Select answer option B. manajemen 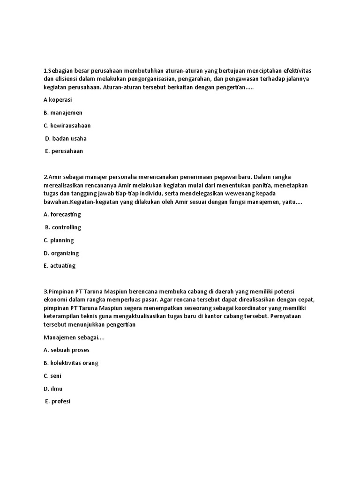pyautogui.click(x=63, y=113)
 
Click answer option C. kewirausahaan pyautogui.click(x=67, y=126)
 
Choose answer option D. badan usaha pyautogui.click(x=66, y=138)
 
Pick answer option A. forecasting pyautogui.click(x=62, y=214)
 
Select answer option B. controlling pyautogui.click(x=63, y=227)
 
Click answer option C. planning pyautogui.click(x=59, y=240)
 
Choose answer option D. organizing pyautogui.click(x=61, y=253)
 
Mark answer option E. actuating pyautogui.click(x=60, y=266)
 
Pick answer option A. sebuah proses pyautogui.click(x=66, y=350)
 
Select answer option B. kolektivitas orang pyautogui.click(x=71, y=363)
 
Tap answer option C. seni pyautogui.click(x=52, y=376)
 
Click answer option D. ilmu pyautogui.click(x=53, y=389)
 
